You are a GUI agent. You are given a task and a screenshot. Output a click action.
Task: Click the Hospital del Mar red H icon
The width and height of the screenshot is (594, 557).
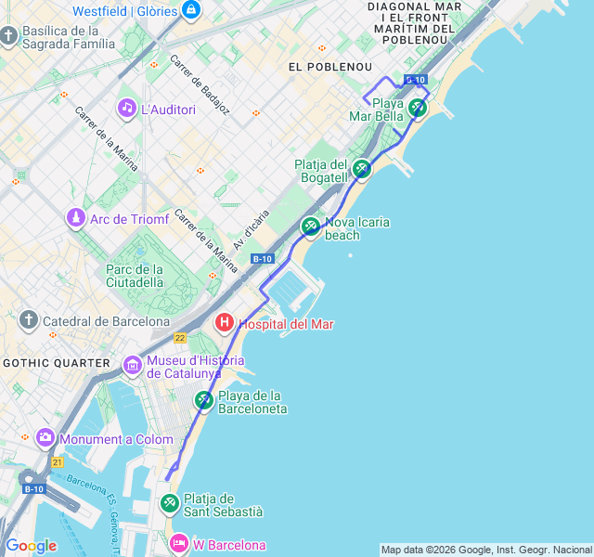coord(225,324)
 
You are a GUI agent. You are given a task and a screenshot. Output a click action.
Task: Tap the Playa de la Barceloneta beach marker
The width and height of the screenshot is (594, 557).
coord(204,400)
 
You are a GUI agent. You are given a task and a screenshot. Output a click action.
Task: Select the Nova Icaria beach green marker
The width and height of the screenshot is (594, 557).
coord(311,227)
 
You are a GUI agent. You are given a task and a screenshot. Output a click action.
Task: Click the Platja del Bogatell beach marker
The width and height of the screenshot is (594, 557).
coord(362,169)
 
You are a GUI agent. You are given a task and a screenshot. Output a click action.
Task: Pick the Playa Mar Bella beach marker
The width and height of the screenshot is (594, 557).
coord(418,109)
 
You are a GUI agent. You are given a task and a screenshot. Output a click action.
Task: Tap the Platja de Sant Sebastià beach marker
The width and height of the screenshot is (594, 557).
coord(170,504)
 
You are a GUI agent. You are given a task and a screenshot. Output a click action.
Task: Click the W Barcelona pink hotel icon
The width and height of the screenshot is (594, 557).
coord(179,544)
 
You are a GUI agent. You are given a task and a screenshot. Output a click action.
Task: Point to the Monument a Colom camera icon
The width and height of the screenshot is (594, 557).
coord(45,438)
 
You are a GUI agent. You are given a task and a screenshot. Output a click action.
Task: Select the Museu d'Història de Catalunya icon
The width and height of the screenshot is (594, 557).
coord(133,365)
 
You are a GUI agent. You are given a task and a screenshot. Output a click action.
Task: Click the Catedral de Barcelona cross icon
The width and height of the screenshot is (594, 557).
coord(29,321)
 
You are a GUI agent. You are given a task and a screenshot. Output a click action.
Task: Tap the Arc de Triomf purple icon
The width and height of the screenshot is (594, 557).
coord(75,219)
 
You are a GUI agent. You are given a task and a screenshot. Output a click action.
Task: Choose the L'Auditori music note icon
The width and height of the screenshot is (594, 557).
coord(126,109)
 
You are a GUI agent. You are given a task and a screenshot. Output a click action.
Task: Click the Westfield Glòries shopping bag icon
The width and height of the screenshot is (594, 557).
coord(191,10)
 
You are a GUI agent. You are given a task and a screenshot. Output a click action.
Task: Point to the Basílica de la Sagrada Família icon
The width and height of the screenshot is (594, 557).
coord(8,36)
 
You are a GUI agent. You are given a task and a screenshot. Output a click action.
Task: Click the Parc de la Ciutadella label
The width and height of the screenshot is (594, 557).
coord(135,275)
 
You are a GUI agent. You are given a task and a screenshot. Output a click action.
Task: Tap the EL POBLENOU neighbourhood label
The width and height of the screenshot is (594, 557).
coord(330,67)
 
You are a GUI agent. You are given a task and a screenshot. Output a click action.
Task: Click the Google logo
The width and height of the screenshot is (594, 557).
coord(31,546)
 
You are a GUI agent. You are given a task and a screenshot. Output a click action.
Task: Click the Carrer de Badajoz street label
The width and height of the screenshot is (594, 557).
coord(200,84)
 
